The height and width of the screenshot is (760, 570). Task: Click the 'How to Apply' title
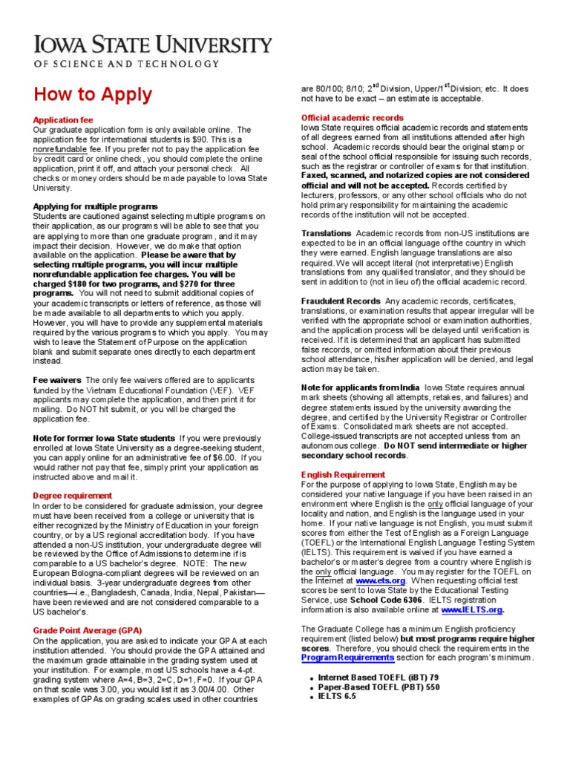click(91, 95)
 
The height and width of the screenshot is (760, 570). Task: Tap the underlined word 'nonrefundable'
click(61, 148)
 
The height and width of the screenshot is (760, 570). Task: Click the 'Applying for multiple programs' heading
click(96, 206)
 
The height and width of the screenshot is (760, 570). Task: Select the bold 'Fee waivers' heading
click(57, 379)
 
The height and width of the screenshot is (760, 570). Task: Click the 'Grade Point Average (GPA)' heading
click(88, 629)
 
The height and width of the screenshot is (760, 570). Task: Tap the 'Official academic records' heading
click(352, 118)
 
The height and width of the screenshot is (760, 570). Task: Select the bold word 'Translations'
click(326, 234)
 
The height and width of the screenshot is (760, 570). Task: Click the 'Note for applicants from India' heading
click(360, 387)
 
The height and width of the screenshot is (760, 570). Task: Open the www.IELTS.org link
click(473, 609)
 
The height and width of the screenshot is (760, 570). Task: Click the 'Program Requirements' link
click(347, 658)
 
